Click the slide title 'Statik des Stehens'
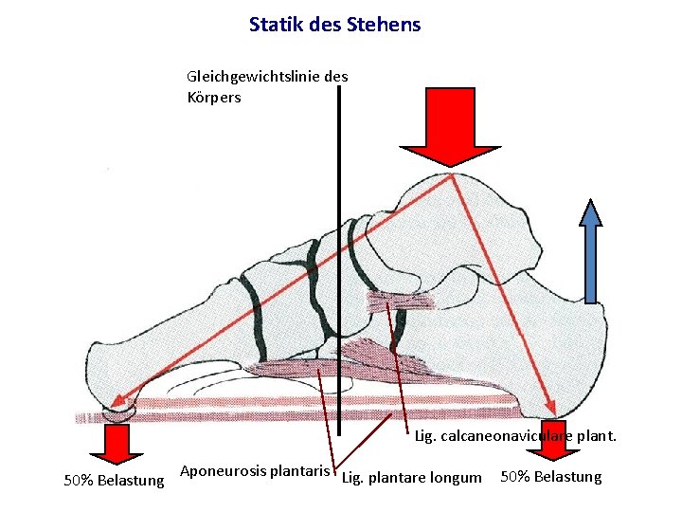tap(334, 24)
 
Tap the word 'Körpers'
tap(214, 97)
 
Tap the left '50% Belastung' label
tap(114, 481)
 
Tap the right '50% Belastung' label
tap(550, 476)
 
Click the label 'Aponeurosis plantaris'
tap(254, 471)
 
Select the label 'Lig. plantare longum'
tap(411, 477)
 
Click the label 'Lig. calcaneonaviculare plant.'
tap(515, 437)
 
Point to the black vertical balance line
tap(338, 237)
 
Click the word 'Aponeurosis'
tap(223, 471)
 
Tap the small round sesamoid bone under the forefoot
tap(120, 411)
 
